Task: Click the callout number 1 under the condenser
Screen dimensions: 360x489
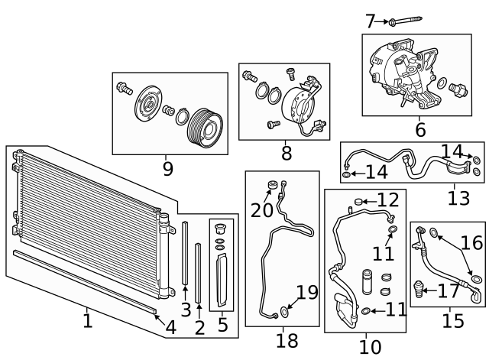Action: pos(87,320)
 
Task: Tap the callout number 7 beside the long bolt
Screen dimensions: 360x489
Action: pos(370,21)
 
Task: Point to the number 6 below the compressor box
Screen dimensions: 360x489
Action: pos(420,130)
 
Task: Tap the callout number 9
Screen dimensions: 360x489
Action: pos(167,168)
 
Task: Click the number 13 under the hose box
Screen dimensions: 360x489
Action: pos(458,198)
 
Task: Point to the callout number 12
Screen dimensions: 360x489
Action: pos(388,201)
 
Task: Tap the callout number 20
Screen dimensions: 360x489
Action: pos(261,209)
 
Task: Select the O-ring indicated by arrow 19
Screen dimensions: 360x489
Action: pos(285,311)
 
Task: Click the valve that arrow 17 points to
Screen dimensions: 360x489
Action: pos(418,290)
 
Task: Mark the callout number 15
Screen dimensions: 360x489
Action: pos(453,320)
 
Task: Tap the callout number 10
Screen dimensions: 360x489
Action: pos(370,347)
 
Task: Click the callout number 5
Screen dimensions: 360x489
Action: pos(222,326)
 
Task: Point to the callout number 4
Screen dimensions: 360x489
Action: pos(171,328)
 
